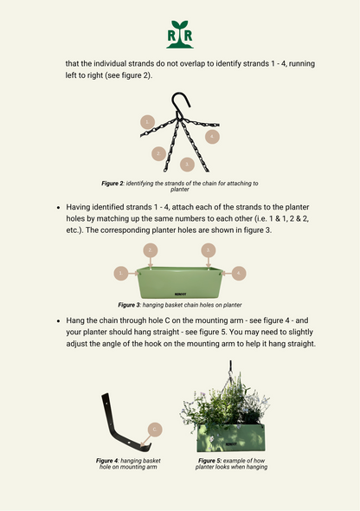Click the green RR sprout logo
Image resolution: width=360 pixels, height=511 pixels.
pyautogui.click(x=180, y=35)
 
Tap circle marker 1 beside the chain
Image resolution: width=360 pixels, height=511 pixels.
pyautogui.click(x=147, y=122)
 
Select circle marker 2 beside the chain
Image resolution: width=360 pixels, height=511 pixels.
pyautogui.click(x=159, y=153)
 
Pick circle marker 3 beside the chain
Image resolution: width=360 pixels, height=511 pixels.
pyautogui.click(x=187, y=165)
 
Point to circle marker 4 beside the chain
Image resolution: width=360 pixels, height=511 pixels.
pyautogui.click(x=212, y=137)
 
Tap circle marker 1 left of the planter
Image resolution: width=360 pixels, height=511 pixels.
pyautogui.click(x=121, y=273)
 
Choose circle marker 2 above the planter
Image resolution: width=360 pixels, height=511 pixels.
pyautogui.click(x=151, y=250)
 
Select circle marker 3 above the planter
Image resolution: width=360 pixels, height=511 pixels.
pyautogui.click(x=209, y=250)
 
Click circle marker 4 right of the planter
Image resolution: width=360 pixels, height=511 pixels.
pyautogui.click(x=239, y=273)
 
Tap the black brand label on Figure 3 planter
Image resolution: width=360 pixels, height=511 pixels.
pyautogui.click(x=180, y=294)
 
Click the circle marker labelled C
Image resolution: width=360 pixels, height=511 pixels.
pyautogui.click(x=155, y=430)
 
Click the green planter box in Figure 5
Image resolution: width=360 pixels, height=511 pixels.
pyautogui.click(x=231, y=438)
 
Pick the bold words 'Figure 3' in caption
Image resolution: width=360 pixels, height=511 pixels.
pyautogui.click(x=129, y=305)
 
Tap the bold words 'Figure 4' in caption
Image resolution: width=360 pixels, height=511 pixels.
pyautogui.click(x=106, y=461)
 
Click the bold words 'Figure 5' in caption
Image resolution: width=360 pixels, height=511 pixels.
pyautogui.click(x=209, y=461)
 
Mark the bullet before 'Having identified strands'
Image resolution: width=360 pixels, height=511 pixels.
pyautogui.click(x=59, y=208)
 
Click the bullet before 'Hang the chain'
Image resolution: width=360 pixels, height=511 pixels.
pyautogui.click(x=59, y=321)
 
